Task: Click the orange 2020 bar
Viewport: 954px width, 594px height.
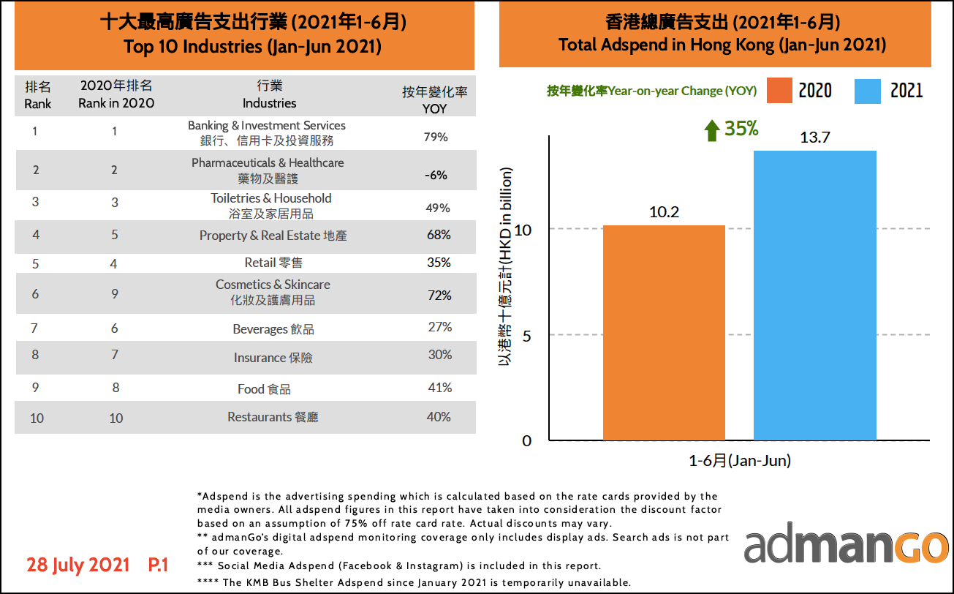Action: pyautogui.click(x=664, y=333)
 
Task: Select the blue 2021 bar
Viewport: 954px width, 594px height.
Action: pyautogui.click(x=814, y=296)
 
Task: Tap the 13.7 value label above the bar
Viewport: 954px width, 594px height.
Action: pyautogui.click(x=814, y=138)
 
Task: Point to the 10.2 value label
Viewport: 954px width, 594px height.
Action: pyautogui.click(x=664, y=212)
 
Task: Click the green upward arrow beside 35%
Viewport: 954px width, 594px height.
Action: pyautogui.click(x=711, y=130)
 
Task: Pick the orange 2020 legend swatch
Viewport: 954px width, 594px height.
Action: pyautogui.click(x=780, y=90)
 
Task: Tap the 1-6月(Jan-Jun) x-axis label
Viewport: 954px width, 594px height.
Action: pyautogui.click(x=740, y=461)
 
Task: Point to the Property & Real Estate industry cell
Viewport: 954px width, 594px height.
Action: pyautogui.click(x=273, y=236)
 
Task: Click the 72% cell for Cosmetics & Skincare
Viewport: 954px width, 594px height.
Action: pyautogui.click(x=439, y=296)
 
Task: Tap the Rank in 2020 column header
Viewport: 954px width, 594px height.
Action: pyautogui.click(x=116, y=94)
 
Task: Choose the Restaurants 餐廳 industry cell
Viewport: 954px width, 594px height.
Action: pyautogui.click(x=273, y=417)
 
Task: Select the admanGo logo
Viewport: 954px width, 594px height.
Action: pyautogui.click(x=846, y=546)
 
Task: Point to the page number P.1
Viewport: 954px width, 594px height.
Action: pyautogui.click(x=158, y=565)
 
